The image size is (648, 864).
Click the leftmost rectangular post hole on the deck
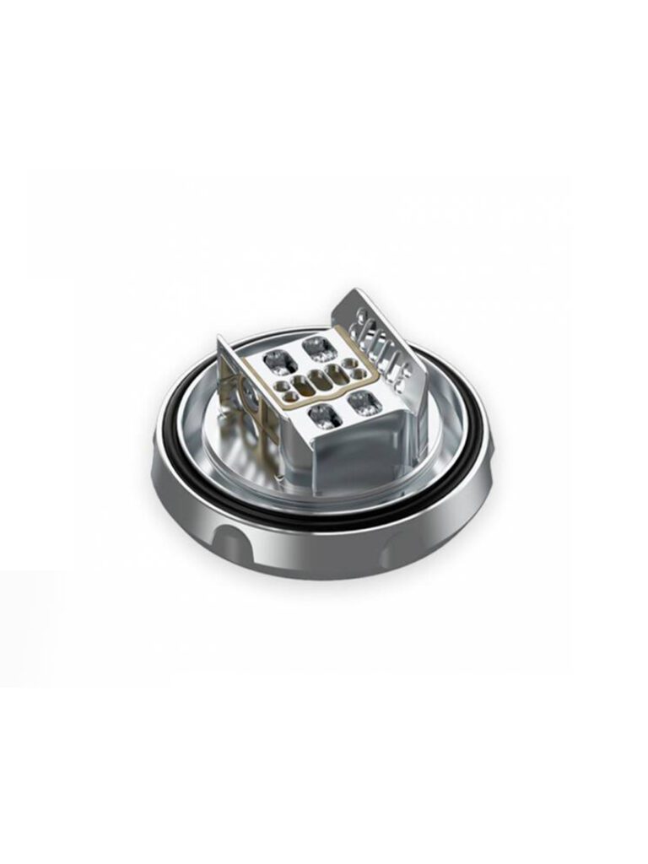[x=276, y=364]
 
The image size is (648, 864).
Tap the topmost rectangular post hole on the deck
[x=316, y=345]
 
